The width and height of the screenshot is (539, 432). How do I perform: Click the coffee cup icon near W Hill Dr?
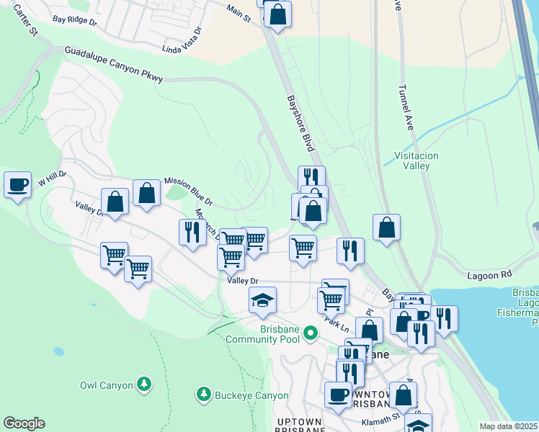pos(17,185)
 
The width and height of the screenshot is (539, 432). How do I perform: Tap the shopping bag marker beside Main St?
pos(277,14)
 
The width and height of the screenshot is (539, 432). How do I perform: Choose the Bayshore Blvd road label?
pos(302,123)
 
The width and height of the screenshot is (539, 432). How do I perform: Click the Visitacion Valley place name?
pos(416,161)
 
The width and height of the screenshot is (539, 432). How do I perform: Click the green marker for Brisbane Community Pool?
pos(311,333)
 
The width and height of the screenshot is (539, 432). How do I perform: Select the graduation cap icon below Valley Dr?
pos(263,300)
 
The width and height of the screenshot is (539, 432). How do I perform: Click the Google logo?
pos(24,423)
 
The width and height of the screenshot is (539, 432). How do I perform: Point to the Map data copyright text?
pos(509,426)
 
